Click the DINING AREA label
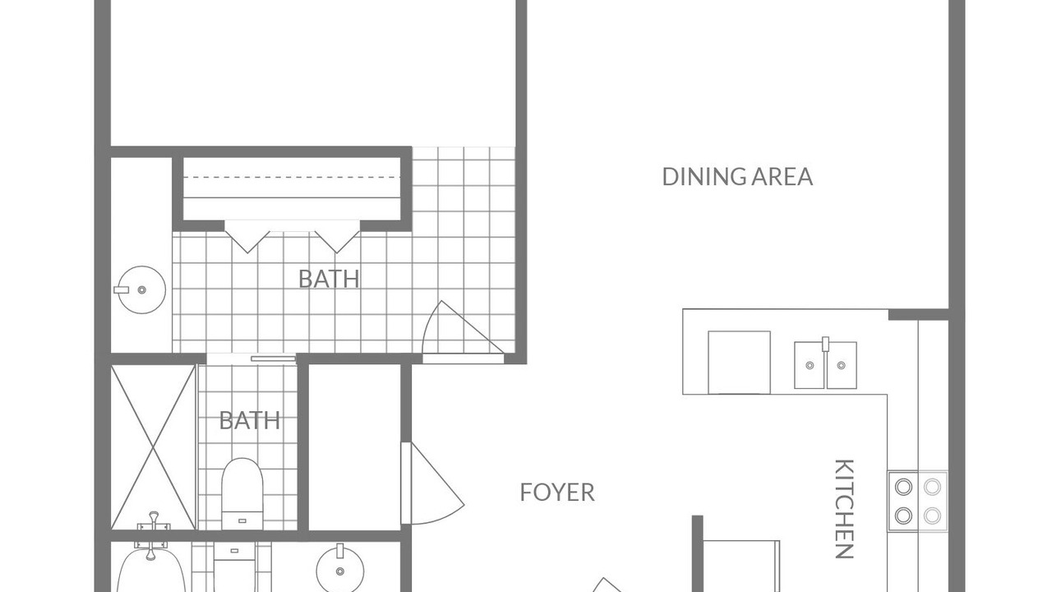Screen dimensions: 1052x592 [737, 177]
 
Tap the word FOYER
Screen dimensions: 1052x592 [557, 493]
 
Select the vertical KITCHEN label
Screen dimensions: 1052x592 [844, 509]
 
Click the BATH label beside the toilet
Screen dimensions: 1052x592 [250, 420]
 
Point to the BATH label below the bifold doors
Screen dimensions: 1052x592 [330, 279]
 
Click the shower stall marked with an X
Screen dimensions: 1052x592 [153, 446]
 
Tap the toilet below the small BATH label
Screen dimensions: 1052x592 [242, 493]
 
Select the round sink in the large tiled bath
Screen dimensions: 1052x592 [141, 290]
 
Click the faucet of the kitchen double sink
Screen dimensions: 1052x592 [825, 344]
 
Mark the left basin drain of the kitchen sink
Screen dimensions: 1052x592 [810, 365]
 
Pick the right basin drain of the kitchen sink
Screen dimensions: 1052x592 [841, 365]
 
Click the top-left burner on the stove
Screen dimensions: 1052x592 [903, 488]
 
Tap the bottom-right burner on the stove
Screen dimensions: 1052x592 [932, 516]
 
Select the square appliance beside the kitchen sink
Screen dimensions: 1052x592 [739, 363]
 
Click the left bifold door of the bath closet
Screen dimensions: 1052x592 [247, 238]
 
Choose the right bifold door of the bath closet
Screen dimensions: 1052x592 [337, 238]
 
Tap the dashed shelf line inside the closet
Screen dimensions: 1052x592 [292, 177]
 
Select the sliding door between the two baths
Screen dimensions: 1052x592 [274, 359]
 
